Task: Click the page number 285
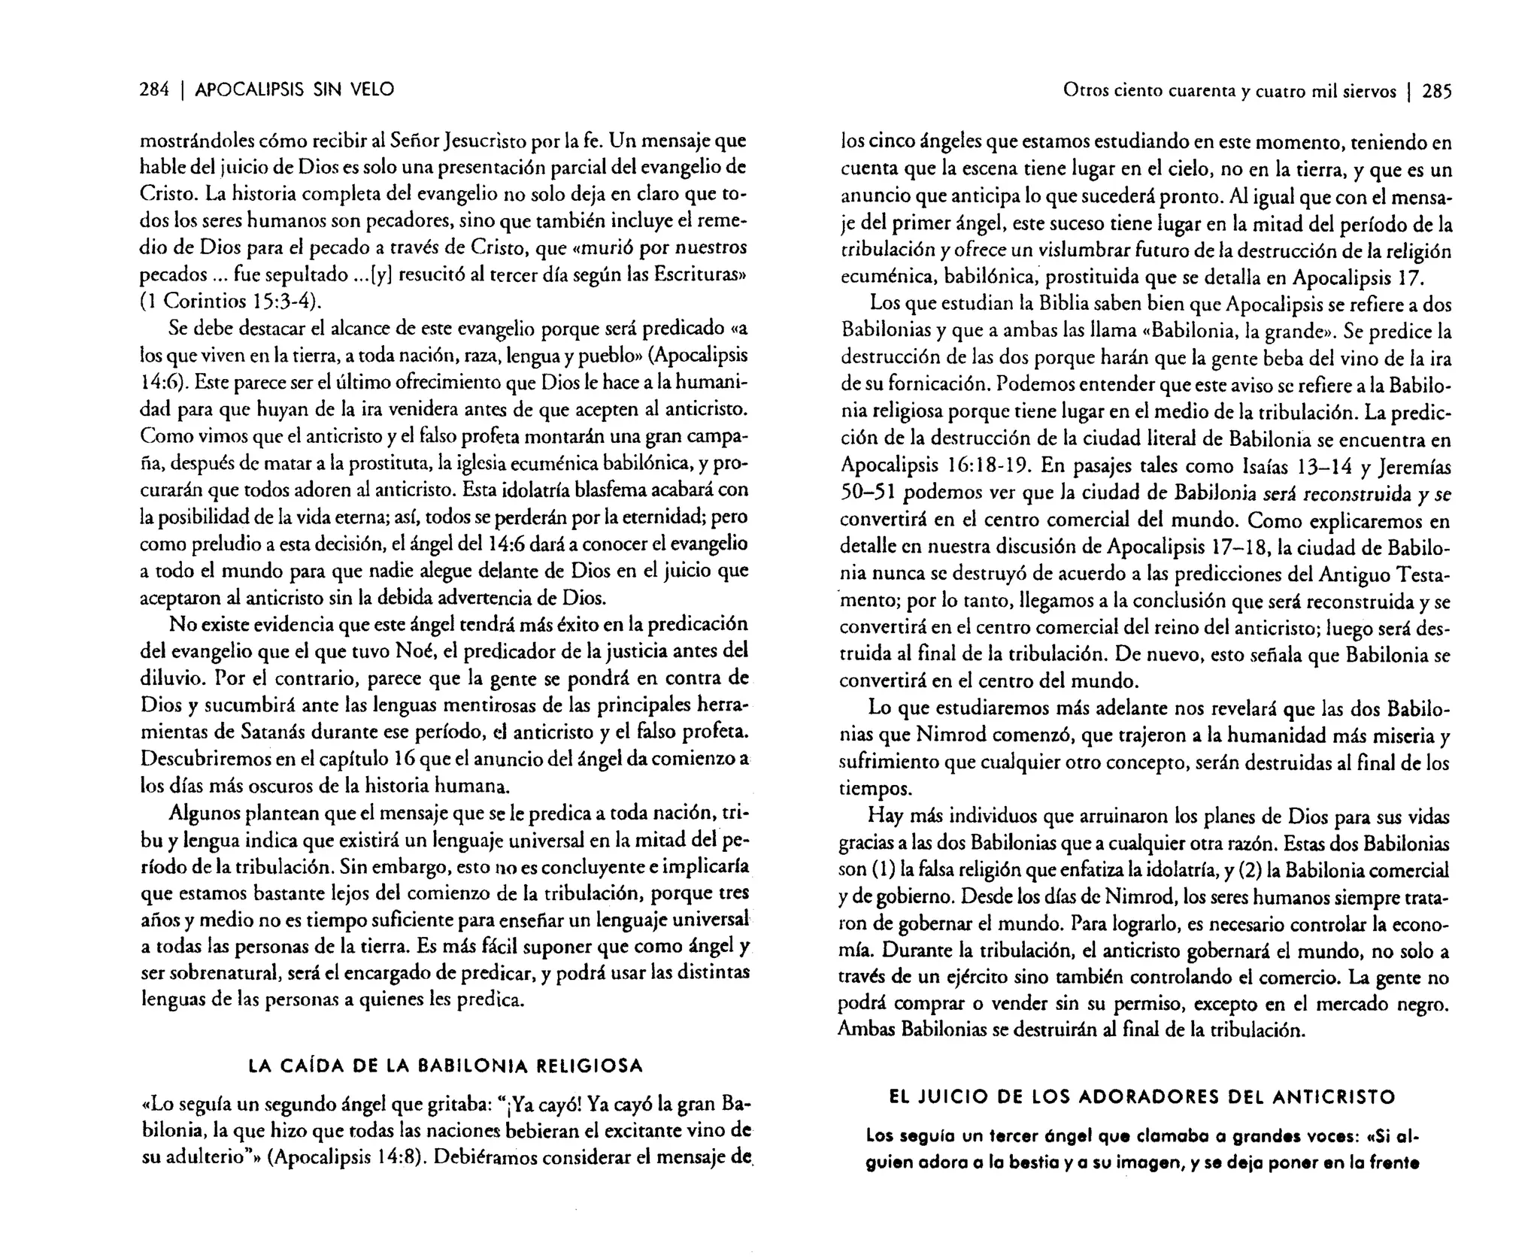point(1437,92)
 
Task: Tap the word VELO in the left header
point(370,90)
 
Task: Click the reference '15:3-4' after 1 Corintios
point(286,302)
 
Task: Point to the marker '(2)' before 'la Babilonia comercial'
point(1250,870)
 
